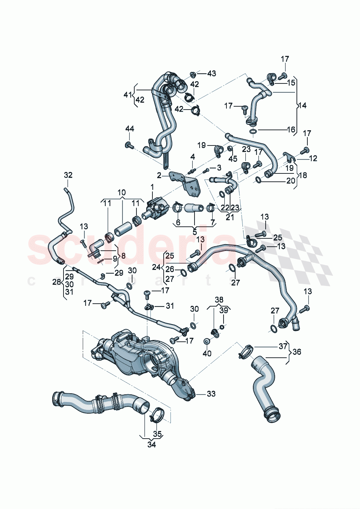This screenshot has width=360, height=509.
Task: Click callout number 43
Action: pyautogui.click(x=211, y=74)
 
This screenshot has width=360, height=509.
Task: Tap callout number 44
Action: pyautogui.click(x=130, y=129)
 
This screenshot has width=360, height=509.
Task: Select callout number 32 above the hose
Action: pyautogui.click(x=68, y=175)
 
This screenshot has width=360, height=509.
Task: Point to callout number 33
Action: pyautogui.click(x=211, y=394)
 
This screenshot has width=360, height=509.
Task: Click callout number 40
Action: pyautogui.click(x=207, y=353)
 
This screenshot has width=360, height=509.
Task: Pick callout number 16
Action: pyautogui.click(x=291, y=130)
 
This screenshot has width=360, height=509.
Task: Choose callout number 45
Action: pyautogui.click(x=233, y=159)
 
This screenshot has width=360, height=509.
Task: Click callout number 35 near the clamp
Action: pyautogui.click(x=157, y=434)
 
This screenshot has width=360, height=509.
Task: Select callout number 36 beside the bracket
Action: pyautogui.click(x=297, y=352)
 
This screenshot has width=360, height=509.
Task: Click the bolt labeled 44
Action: pyautogui.click(x=129, y=145)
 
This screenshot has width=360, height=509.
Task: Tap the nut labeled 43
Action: pyautogui.click(x=193, y=74)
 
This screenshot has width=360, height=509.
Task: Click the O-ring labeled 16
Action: pyautogui.click(x=253, y=131)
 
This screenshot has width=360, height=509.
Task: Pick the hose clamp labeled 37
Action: pyautogui.click(x=246, y=350)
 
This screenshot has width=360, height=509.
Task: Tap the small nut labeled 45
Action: pyautogui.click(x=230, y=149)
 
